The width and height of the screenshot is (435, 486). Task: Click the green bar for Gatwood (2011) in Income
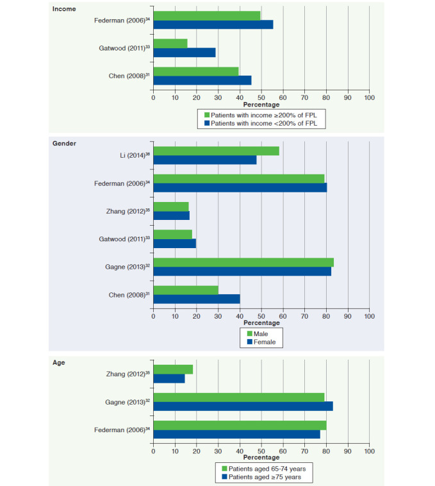click(x=170, y=43)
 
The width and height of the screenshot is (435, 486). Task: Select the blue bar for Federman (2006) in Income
click(x=213, y=24)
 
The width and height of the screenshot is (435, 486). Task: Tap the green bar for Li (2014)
click(x=216, y=151)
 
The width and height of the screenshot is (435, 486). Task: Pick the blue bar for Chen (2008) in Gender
click(x=197, y=299)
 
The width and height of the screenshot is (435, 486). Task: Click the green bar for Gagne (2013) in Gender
click(x=243, y=262)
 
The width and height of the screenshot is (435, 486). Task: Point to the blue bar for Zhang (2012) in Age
click(x=169, y=378)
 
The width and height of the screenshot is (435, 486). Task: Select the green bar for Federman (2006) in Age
click(x=240, y=425)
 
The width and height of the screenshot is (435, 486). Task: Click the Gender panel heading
click(x=64, y=143)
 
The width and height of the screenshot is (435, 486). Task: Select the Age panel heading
click(x=58, y=363)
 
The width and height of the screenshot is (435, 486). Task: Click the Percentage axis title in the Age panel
click(x=261, y=457)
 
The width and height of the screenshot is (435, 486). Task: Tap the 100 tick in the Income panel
click(x=369, y=98)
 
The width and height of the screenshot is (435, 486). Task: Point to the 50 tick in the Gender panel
click(x=261, y=316)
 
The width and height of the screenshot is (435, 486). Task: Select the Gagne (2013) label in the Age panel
click(x=127, y=402)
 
